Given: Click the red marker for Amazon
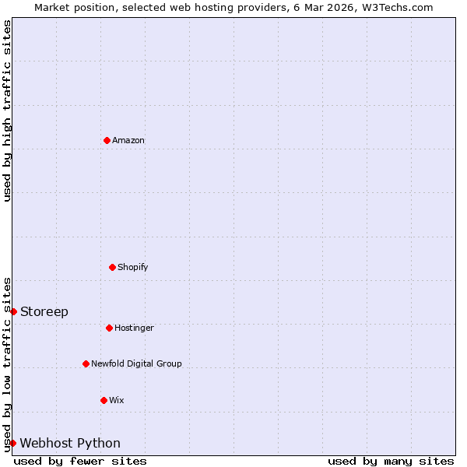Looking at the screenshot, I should (x=107, y=140).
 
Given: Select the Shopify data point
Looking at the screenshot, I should (x=112, y=267).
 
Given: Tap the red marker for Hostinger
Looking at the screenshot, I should (x=109, y=328).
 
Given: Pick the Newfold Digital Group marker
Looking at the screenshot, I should (x=86, y=363).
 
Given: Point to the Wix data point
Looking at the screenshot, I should (x=104, y=400).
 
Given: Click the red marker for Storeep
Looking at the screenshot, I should (x=13, y=311).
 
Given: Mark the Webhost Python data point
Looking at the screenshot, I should (x=12, y=443).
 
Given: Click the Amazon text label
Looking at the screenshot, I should (x=128, y=140).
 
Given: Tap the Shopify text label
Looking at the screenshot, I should (x=133, y=267).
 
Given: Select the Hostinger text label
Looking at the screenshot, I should (x=134, y=328).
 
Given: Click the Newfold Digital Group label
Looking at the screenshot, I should (x=136, y=363).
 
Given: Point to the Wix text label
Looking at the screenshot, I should (x=117, y=400).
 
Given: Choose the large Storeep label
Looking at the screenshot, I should (x=44, y=311).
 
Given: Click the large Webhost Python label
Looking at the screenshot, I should (x=70, y=443).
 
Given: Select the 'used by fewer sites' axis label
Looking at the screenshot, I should (x=80, y=461).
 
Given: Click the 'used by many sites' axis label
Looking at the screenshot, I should (x=391, y=461).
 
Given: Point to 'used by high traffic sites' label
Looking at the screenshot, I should (x=7, y=111).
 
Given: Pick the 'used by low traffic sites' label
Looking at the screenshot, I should (x=7, y=363).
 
